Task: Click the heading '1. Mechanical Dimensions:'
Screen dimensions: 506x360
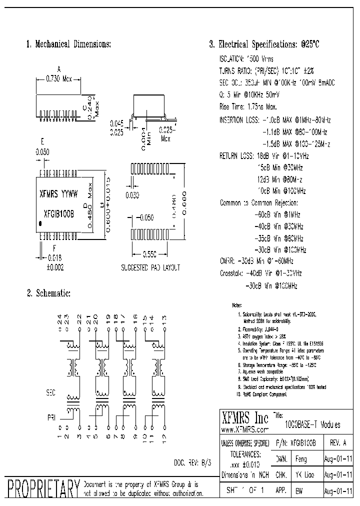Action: tap(68, 44)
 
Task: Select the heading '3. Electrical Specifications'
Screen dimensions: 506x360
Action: tap(263, 44)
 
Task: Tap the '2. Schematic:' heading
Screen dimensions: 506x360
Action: tap(48, 292)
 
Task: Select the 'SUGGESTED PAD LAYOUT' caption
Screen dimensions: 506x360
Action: tap(150, 268)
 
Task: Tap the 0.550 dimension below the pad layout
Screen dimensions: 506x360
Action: tap(150, 254)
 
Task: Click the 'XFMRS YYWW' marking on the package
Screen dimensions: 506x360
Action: tap(58, 193)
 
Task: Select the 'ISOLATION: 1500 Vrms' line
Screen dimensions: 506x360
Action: tap(247, 58)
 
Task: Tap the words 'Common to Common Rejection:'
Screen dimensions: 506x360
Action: tap(259, 203)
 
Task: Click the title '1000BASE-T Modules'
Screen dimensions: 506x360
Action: tap(312, 425)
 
